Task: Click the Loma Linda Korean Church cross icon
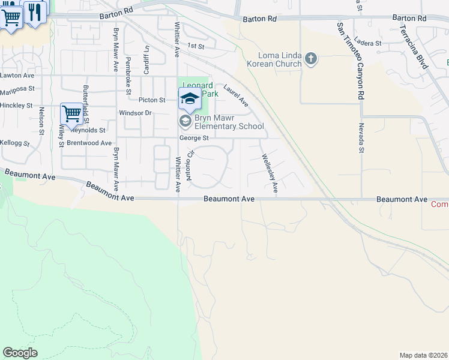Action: [x=310, y=59]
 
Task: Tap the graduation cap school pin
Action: [x=189, y=98]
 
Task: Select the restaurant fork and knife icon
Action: [x=35, y=11]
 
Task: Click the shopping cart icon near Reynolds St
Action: [x=71, y=113]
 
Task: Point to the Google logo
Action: [x=20, y=353]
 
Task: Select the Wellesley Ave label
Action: [x=269, y=173]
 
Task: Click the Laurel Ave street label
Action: [x=236, y=95]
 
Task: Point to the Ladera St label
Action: [x=368, y=43]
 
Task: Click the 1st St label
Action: [x=196, y=46]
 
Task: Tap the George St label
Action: [x=193, y=138]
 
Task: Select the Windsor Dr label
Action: [x=136, y=113]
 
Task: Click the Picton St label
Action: [x=151, y=100]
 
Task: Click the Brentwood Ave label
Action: [x=89, y=143]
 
